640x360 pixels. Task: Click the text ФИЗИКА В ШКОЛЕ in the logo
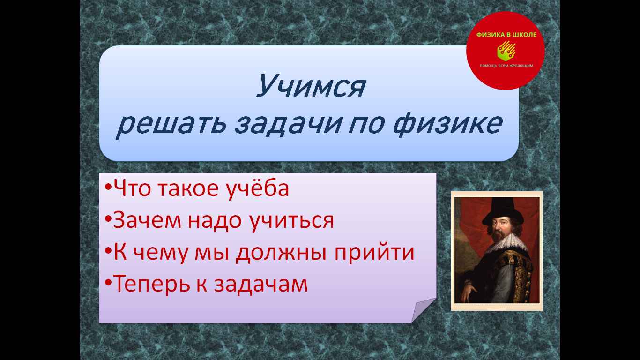(506, 35)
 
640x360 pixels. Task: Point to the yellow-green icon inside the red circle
(506, 51)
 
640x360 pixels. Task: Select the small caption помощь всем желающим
(506, 66)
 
